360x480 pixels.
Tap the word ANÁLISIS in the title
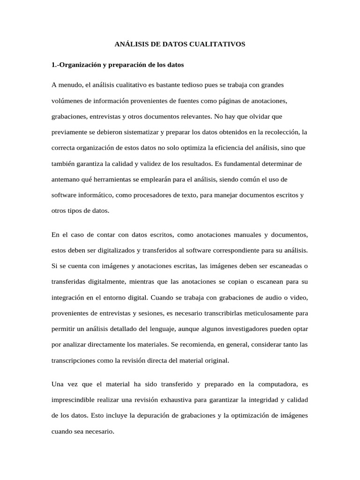[131, 45]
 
